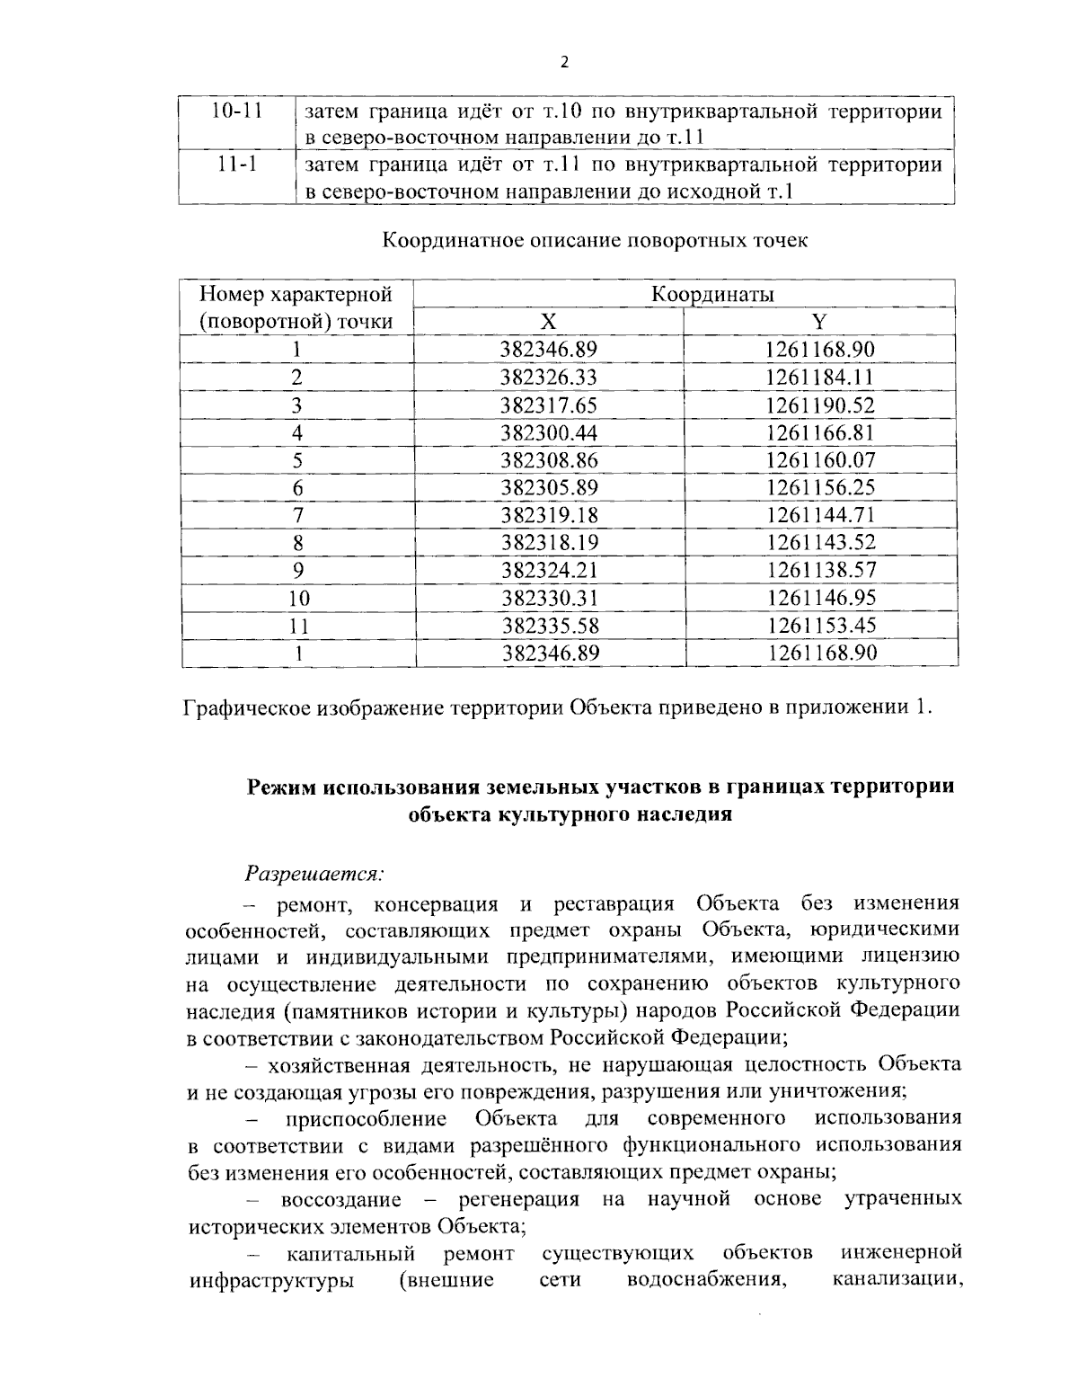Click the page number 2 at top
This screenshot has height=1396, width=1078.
click(564, 62)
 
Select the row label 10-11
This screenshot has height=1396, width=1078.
click(236, 111)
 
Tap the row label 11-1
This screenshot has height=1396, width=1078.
click(236, 165)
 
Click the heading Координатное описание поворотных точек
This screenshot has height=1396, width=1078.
click(596, 241)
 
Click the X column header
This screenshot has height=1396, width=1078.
click(549, 322)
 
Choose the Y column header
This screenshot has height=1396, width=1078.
click(819, 322)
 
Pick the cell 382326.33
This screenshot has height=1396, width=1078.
click(549, 378)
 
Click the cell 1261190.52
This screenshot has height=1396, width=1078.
click(820, 405)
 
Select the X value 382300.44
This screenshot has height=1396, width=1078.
click(549, 432)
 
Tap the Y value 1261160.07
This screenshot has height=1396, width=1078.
click(820, 460)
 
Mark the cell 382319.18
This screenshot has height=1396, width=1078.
click(549, 515)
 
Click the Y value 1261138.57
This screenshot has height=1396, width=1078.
click(820, 570)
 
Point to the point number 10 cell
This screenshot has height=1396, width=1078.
click(297, 598)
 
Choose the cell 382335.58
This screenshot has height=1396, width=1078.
click(549, 626)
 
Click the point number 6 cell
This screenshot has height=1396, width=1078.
click(297, 488)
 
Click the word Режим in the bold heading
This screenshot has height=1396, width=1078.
click(281, 787)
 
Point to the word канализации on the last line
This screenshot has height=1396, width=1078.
click(897, 1279)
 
